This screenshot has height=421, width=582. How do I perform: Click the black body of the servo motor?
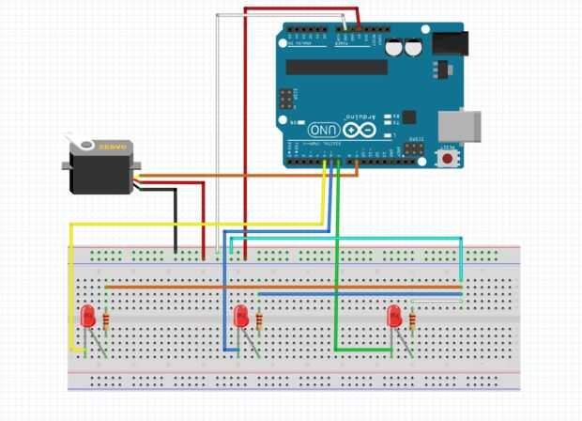click(100, 170)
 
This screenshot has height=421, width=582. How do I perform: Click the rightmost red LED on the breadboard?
click(394, 316)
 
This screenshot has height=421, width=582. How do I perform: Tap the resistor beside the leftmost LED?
click(106, 322)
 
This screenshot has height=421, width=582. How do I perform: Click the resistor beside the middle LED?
click(259, 322)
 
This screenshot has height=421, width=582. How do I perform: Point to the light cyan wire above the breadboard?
click(394, 238)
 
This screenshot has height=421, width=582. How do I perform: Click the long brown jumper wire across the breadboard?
click(282, 286)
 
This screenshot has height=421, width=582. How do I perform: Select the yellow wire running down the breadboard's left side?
click(69, 282)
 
